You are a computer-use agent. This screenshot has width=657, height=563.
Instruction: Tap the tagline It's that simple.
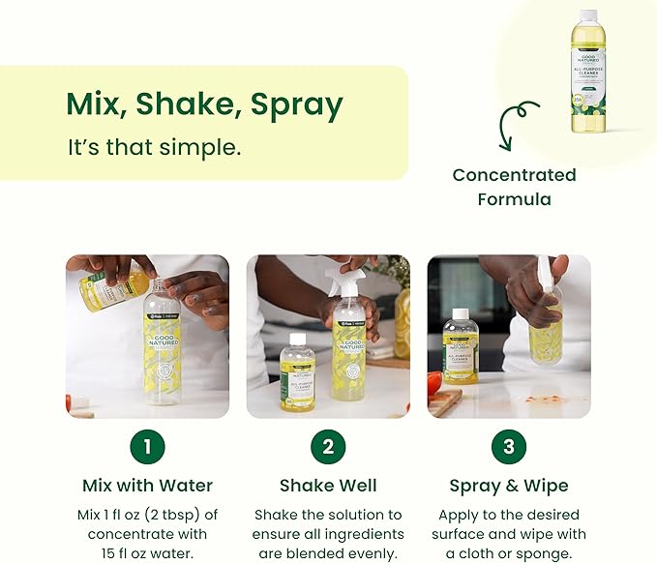[x=154, y=148]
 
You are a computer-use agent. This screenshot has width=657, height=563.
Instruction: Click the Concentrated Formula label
[x=514, y=187]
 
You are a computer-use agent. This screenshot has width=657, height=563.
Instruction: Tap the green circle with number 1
[x=147, y=446]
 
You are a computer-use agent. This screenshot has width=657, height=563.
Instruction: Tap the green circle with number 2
[x=328, y=446]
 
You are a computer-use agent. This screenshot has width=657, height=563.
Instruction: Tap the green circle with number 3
[x=509, y=446]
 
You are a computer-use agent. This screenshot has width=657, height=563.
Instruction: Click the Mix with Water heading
[x=147, y=486]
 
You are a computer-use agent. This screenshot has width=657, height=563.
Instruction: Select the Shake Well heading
[x=328, y=486]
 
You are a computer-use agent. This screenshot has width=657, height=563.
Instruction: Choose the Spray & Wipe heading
[x=509, y=486]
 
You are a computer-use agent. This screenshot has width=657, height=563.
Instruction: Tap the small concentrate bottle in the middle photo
[x=297, y=371]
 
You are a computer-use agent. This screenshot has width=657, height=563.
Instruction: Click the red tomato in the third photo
[x=434, y=382]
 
